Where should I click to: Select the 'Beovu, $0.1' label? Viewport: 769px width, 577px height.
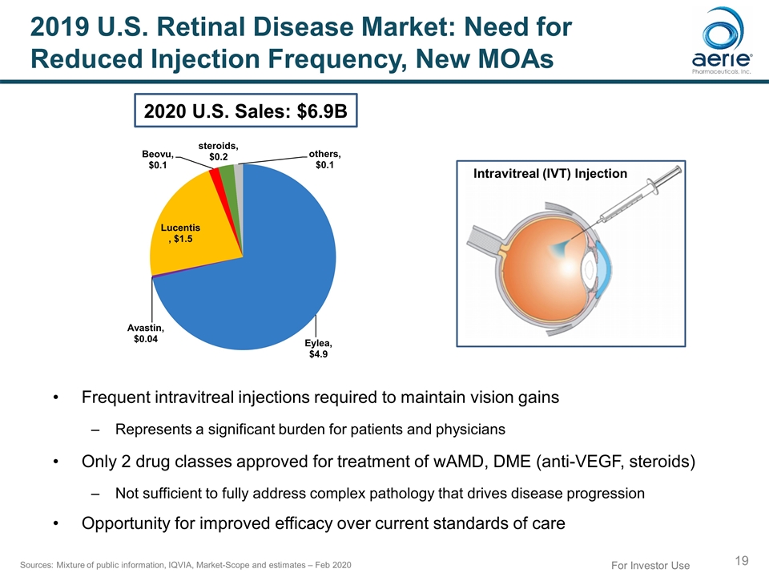point(157,159)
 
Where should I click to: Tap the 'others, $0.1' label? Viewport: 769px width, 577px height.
point(324,159)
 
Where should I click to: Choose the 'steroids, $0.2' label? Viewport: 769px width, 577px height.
point(218,151)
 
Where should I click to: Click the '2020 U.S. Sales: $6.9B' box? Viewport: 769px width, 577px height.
point(245,112)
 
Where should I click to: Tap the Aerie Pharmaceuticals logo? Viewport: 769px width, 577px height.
point(721,48)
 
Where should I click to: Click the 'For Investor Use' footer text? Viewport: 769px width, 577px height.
point(650,566)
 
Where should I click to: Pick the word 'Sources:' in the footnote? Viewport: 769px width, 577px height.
point(34,566)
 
